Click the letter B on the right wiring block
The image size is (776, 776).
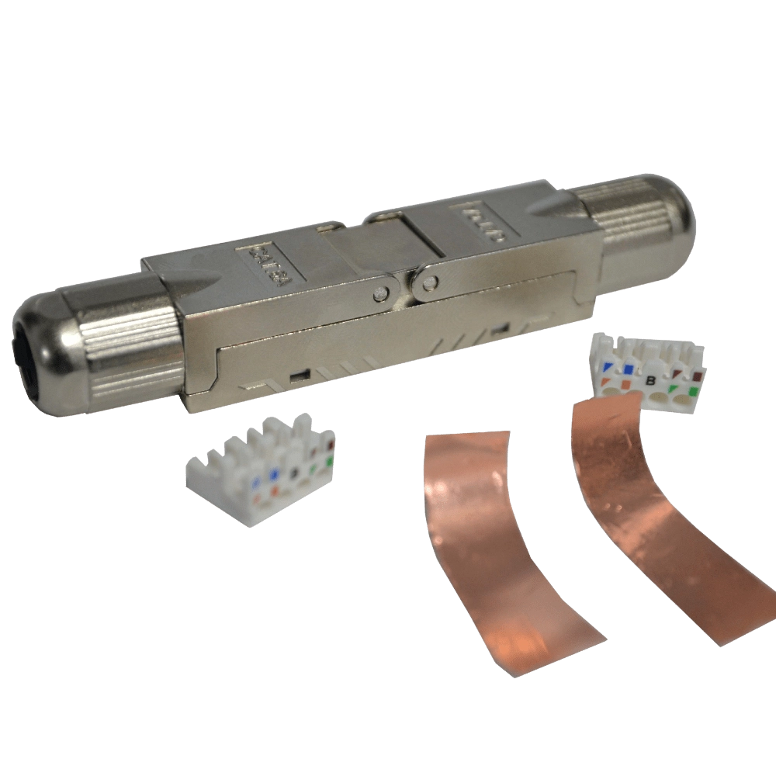(x=650, y=380)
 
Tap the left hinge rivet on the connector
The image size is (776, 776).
(x=379, y=293)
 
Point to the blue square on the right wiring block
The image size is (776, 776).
(x=627, y=368)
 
